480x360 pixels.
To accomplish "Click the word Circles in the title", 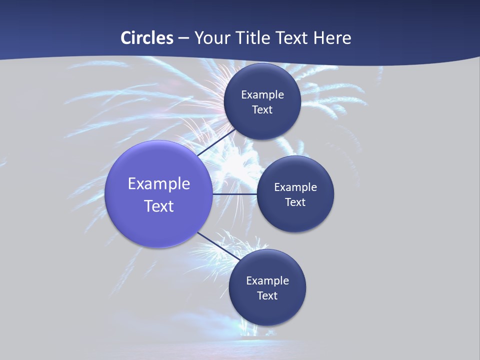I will click(x=147, y=38).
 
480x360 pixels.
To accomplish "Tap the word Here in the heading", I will click(x=331, y=38).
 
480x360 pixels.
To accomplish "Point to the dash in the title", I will click(x=183, y=38).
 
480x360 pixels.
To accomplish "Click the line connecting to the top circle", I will click(x=217, y=142).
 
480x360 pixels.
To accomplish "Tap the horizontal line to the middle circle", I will click(x=234, y=193).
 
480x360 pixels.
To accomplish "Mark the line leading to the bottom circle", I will click(x=219, y=245).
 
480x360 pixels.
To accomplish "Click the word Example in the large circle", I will click(x=159, y=184).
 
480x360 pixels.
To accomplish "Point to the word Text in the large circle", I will click(x=159, y=206).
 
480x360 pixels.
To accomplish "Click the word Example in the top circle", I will click(x=262, y=95).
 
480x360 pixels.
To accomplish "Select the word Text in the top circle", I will click(x=262, y=110).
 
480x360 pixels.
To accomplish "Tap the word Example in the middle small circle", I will click(x=295, y=187).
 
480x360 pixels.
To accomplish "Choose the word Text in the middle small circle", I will click(x=295, y=202).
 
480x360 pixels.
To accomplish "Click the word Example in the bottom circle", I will click(x=267, y=281).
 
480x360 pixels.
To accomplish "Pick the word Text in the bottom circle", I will click(x=267, y=296).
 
